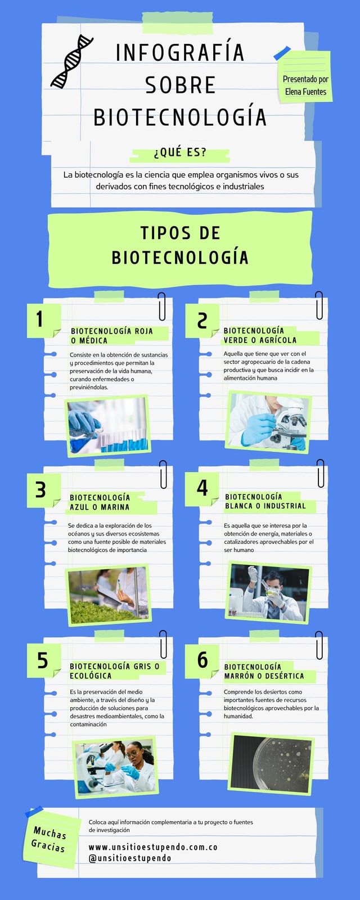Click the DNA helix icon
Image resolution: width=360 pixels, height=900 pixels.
click(x=71, y=61)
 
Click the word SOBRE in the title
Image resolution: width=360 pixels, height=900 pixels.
click(x=181, y=85)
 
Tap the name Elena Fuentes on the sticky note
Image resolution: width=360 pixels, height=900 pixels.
click(x=306, y=92)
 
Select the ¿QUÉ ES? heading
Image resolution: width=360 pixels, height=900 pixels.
click(x=179, y=152)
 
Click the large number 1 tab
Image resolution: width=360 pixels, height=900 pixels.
click(x=44, y=320)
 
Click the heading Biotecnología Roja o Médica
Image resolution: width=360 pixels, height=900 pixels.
click(x=112, y=335)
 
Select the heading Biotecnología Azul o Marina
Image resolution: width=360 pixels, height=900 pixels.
click(x=100, y=502)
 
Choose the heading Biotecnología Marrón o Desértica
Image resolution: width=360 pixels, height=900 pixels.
click(x=264, y=672)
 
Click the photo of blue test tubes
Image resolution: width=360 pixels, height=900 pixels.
click(x=108, y=425)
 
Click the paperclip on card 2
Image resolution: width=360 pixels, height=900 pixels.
click(x=319, y=305)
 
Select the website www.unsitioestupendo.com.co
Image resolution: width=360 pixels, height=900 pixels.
click(x=153, y=847)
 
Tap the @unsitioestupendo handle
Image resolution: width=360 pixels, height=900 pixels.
click(x=130, y=858)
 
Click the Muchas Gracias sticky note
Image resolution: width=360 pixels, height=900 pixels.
click(x=51, y=839)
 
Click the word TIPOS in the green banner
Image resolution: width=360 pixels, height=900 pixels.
click(x=165, y=233)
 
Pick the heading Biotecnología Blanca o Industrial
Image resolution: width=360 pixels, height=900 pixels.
click(x=265, y=501)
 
